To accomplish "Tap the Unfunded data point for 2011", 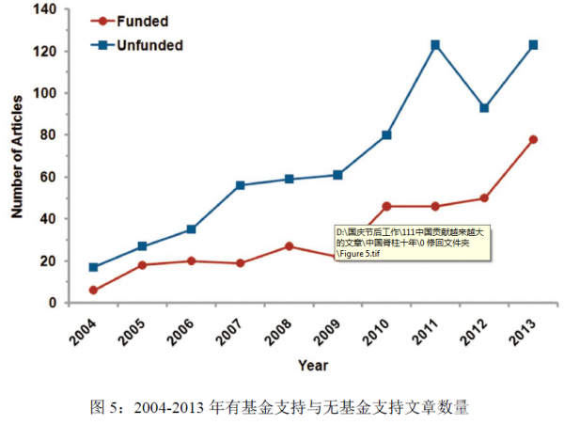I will click(x=435, y=45).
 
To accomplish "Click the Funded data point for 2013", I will click(x=533, y=139).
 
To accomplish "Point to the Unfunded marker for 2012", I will click(x=484, y=108).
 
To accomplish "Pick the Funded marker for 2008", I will click(x=289, y=246).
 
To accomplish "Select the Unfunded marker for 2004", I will click(x=93, y=267).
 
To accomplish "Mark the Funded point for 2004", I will click(x=93, y=290).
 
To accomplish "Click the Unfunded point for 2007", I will click(x=240, y=185).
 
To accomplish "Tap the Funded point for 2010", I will click(x=386, y=206).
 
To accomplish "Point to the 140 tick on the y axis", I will click(x=44, y=10).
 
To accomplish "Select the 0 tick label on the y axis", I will click(x=52, y=303).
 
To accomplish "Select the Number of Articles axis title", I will click(x=16, y=156).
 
